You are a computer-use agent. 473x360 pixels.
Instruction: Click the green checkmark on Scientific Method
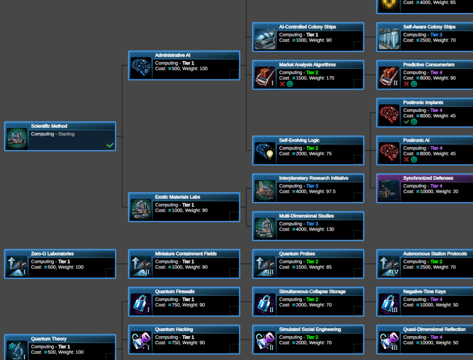pos(109,145)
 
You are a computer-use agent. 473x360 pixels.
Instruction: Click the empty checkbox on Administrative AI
pos(234,74)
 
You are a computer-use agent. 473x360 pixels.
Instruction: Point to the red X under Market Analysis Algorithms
pos(282,84)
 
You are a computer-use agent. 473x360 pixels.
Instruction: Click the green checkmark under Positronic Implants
pos(406,122)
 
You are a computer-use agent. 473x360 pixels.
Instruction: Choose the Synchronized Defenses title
pos(428,178)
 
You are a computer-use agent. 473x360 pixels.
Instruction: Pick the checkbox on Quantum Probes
pos(358,273)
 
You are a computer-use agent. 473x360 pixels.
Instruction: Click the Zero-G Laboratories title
pos(52,254)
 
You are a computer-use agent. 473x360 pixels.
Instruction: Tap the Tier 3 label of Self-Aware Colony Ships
pos(436,35)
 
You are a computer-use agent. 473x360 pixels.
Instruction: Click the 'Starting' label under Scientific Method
pos(66,134)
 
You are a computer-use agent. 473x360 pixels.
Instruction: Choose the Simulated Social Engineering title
pos(309,330)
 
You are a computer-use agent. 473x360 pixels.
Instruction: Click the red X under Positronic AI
pos(406,160)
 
